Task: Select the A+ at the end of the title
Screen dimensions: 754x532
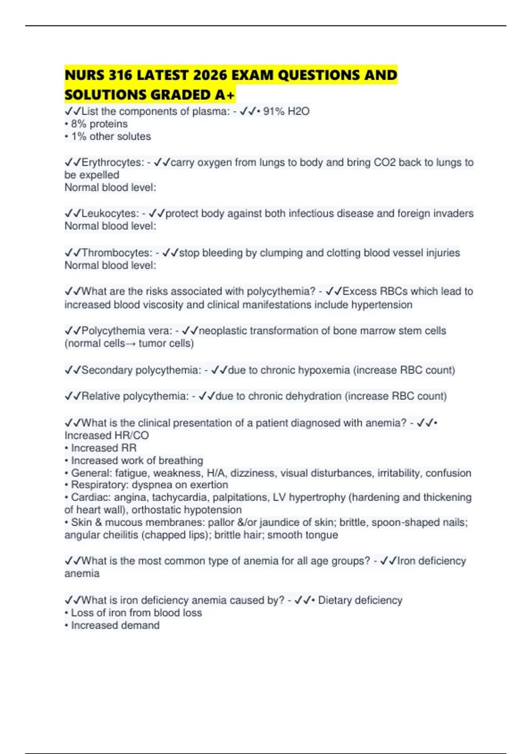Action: [x=226, y=95]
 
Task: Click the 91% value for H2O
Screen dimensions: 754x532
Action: [x=274, y=111]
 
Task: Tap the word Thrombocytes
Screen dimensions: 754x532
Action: [x=117, y=253]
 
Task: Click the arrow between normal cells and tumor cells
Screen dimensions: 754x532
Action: [x=131, y=344]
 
